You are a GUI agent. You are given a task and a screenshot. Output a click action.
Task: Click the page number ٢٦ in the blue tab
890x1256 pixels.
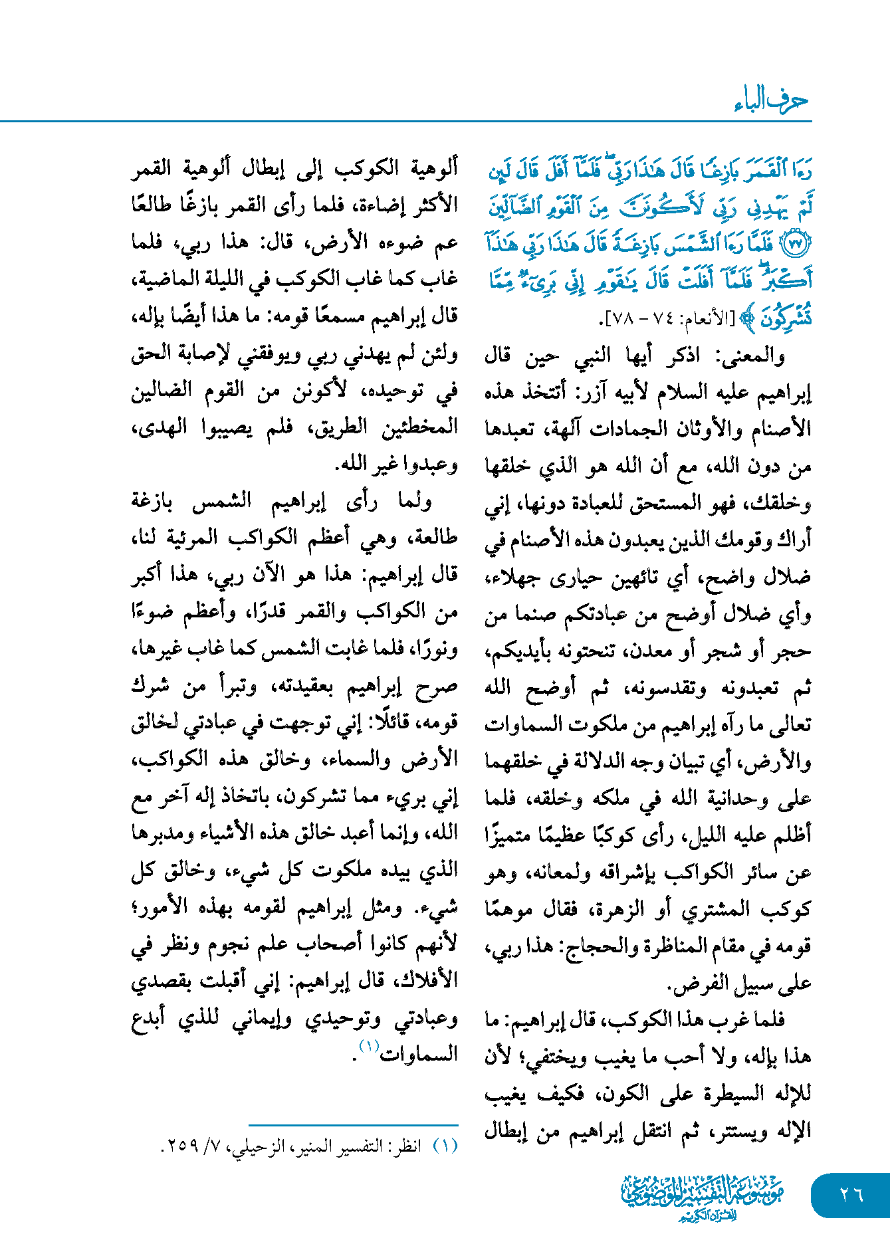(x=851, y=1194)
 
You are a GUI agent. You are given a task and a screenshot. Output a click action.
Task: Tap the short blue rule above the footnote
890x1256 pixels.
(x=353, y=1125)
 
